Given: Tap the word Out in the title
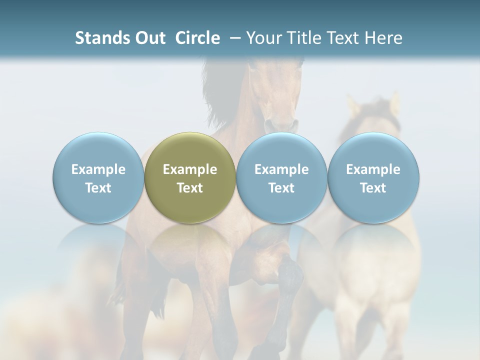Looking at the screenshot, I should pyautogui.click(x=149, y=38).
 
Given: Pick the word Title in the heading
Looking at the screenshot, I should pyautogui.click(x=305, y=38).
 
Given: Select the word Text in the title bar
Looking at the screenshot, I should pyautogui.click(x=344, y=38).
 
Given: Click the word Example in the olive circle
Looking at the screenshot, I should pyautogui.click(x=190, y=169).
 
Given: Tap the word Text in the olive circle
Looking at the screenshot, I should pyautogui.click(x=190, y=188).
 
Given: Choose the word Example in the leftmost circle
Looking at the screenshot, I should pyautogui.click(x=98, y=169).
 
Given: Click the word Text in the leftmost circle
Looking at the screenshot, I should pyautogui.click(x=98, y=188).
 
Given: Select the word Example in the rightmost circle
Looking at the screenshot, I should pyautogui.click(x=373, y=169).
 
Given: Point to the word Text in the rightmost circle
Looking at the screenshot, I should pyautogui.click(x=373, y=188).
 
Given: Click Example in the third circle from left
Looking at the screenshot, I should pyautogui.click(x=281, y=169).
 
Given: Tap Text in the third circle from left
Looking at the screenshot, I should pyautogui.click(x=281, y=188).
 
